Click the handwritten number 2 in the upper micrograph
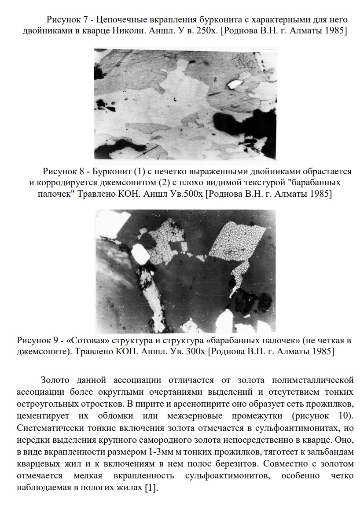216,80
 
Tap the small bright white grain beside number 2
235,83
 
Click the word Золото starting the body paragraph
55,380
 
